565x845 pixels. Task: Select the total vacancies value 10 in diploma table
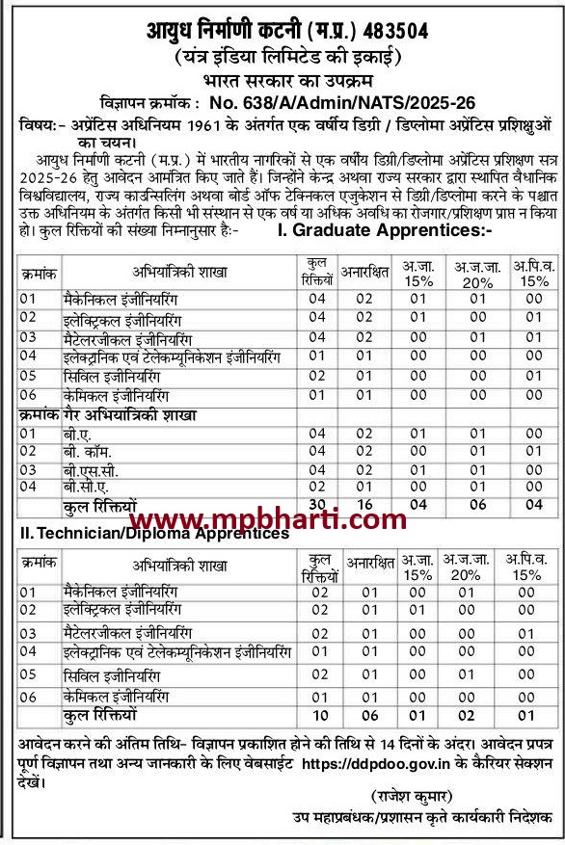tap(320, 717)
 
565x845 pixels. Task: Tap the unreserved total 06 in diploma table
tap(367, 717)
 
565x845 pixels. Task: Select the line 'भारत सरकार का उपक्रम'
tap(282, 81)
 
